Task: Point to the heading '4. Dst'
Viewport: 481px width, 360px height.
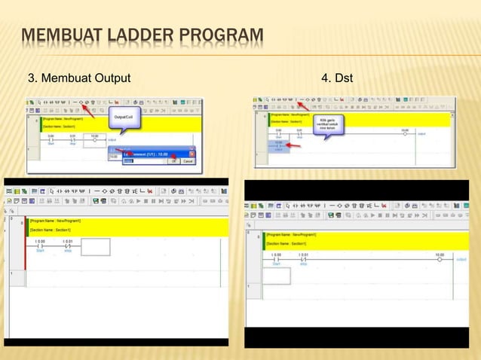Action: coord(337,78)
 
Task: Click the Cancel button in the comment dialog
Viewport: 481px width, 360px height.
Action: coord(188,160)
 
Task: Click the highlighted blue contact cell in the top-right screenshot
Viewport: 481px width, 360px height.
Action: coord(278,145)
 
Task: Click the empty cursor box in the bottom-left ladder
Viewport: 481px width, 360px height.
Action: coord(95,247)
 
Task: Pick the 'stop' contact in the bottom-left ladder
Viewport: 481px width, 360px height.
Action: coord(67,246)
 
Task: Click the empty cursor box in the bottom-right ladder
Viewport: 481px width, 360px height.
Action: coord(276,276)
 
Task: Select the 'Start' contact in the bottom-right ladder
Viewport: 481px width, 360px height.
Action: coord(276,260)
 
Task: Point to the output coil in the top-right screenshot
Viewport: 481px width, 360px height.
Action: coord(405,134)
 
